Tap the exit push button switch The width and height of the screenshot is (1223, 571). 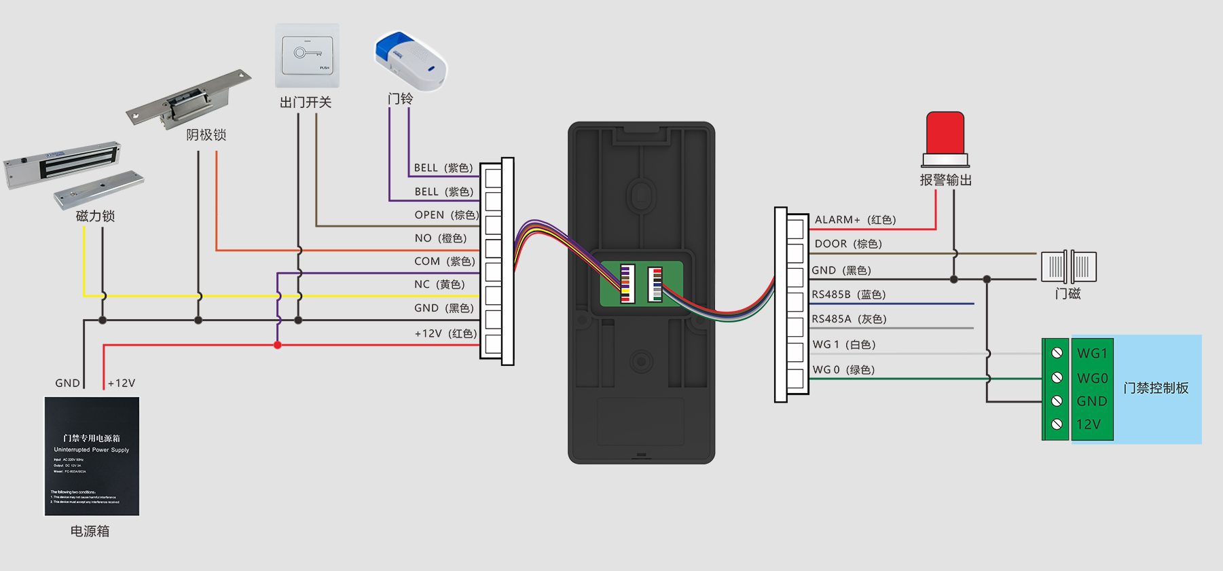(307, 56)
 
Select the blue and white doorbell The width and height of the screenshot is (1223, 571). (411, 61)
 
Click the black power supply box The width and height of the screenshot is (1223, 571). (92, 456)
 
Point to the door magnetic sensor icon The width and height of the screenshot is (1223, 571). (1069, 266)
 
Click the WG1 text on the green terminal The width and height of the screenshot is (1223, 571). (1092, 354)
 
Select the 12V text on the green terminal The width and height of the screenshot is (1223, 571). (1088, 424)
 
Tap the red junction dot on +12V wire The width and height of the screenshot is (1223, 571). (278, 345)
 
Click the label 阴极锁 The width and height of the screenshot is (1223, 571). (206, 135)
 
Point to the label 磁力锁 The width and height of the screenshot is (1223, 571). (95, 216)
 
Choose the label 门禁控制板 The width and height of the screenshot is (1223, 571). (1156, 388)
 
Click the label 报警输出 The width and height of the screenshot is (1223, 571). (946, 180)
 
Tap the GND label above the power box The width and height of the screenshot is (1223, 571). (67, 383)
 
